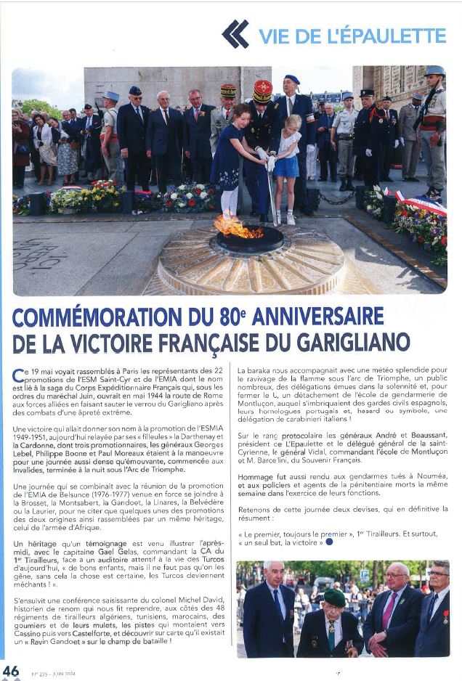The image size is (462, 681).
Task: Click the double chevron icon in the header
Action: point(235,33)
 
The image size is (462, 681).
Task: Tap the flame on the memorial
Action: point(238,228)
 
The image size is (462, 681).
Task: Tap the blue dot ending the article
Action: point(329,542)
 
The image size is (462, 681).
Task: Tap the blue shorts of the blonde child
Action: point(285,166)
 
